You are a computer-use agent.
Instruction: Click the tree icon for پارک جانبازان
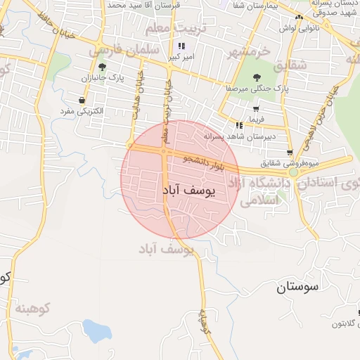(x=103, y=67)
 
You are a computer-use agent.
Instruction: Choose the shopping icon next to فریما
(x=255, y=110)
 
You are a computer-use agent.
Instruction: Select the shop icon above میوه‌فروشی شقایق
(x=290, y=152)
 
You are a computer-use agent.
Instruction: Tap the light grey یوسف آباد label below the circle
(x=165, y=250)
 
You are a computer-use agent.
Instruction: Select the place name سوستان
(x=297, y=286)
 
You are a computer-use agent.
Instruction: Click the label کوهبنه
(x=34, y=308)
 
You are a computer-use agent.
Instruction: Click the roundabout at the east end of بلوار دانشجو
(x=294, y=172)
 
